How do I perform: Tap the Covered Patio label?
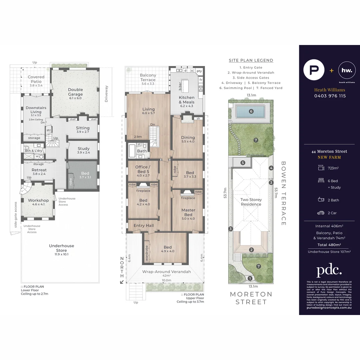pos(36,79)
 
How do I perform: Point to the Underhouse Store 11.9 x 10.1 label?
pos(61,248)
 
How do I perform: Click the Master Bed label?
pos(188,212)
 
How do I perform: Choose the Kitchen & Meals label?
pos(186,100)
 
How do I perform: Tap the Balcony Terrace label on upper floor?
pos(148,77)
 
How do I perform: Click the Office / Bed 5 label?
pos(143,169)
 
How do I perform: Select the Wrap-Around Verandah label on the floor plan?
pos(167,272)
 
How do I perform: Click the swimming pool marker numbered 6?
pos(251,111)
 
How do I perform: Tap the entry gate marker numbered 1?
pos(250,278)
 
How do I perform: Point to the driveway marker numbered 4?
pos(271,168)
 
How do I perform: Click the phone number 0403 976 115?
pos(330,96)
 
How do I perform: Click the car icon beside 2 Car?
pos(321,213)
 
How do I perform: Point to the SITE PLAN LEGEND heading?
pos(251,60)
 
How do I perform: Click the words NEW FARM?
pos(329,157)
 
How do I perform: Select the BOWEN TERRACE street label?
pos(284,193)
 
